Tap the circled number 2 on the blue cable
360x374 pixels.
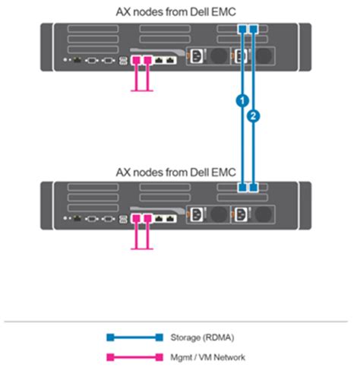point(254,116)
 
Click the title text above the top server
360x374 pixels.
point(175,11)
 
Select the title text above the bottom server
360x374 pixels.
point(175,171)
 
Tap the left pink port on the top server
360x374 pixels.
point(137,59)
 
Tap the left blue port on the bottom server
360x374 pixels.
point(242,187)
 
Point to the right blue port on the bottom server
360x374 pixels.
point(254,187)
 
